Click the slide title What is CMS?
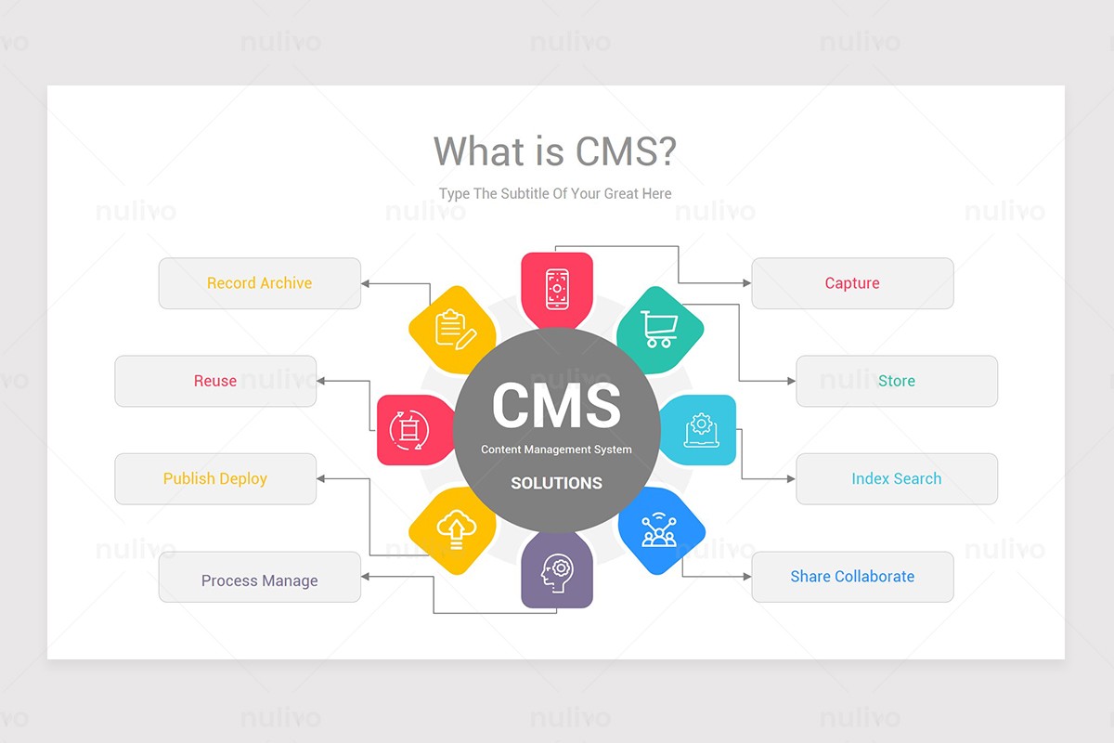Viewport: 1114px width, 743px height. [x=554, y=151]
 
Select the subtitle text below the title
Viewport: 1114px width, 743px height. [x=555, y=193]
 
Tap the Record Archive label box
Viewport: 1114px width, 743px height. [x=259, y=283]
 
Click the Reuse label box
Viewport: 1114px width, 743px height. [x=215, y=381]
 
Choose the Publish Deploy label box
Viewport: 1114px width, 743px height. [x=215, y=479]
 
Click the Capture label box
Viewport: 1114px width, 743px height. [x=852, y=283]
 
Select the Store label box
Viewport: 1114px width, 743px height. [x=897, y=381]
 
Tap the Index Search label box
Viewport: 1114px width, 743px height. [x=897, y=479]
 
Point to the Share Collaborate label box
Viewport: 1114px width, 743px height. [x=852, y=577]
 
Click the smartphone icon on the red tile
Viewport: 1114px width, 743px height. [x=557, y=289]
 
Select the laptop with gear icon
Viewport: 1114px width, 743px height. [x=701, y=430]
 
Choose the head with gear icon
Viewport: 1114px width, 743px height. [x=557, y=572]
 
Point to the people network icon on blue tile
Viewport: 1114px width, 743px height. [x=660, y=530]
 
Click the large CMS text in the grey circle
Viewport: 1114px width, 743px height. [x=556, y=405]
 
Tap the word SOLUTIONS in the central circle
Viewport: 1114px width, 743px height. [x=556, y=483]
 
